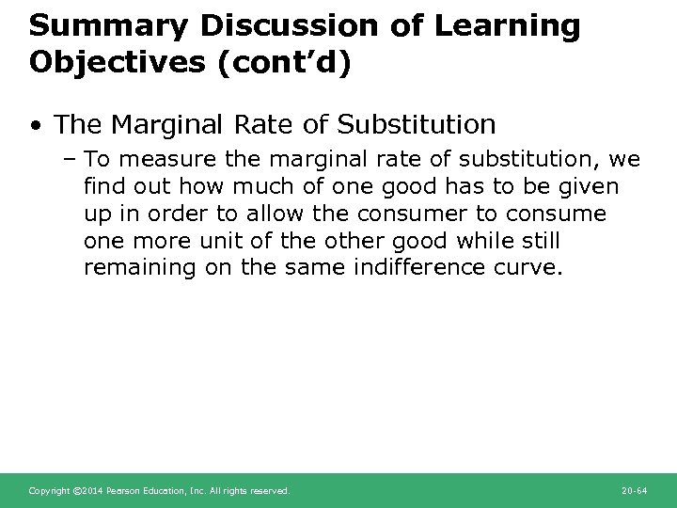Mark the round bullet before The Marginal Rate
(36, 124)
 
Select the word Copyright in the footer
(48, 491)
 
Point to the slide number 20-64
(635, 491)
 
